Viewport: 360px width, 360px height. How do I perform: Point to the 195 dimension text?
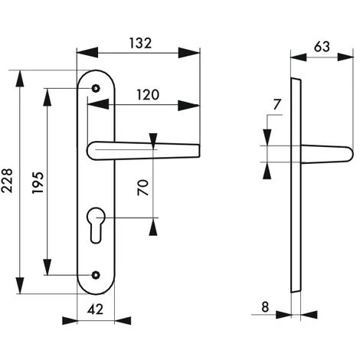pos(36,182)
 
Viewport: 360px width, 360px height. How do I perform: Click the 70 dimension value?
pos(142,187)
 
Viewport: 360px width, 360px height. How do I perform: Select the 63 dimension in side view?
pos(322,46)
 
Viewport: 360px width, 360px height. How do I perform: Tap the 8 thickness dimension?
pos(265,307)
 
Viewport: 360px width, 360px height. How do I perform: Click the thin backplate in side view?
pos(296,184)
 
